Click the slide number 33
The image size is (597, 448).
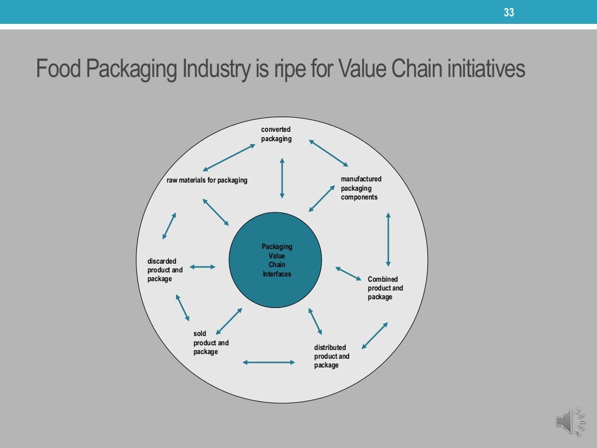(x=509, y=12)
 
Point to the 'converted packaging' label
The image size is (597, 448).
(x=276, y=134)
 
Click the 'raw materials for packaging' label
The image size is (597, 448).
(x=207, y=180)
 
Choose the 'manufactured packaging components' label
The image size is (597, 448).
(x=361, y=188)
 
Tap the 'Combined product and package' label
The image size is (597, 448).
(x=385, y=288)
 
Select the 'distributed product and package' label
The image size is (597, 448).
(x=332, y=356)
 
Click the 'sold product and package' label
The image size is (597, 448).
(x=211, y=343)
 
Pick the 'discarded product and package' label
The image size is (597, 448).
(x=165, y=270)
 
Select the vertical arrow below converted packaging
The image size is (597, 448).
(x=282, y=177)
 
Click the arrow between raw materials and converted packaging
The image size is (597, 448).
(x=231, y=157)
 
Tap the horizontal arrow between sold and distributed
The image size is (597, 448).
(x=269, y=362)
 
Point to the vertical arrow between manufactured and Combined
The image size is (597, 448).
(x=388, y=240)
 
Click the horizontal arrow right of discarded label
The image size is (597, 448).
(x=202, y=267)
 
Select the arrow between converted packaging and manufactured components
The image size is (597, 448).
(x=328, y=153)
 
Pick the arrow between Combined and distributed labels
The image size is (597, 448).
(x=374, y=335)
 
